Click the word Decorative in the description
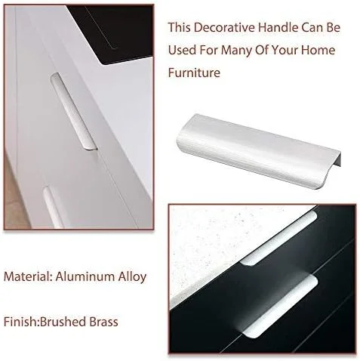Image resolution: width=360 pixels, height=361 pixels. pyautogui.click(x=224, y=27)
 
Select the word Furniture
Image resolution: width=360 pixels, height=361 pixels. pyautogui.click(x=194, y=73)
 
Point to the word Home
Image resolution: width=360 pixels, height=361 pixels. pyautogui.click(x=318, y=50)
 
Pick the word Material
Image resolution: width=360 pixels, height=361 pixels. pyautogui.click(x=28, y=276)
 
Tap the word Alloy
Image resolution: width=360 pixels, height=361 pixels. pyautogui.click(x=132, y=277)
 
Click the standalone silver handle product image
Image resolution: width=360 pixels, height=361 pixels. pyautogui.click(x=259, y=151)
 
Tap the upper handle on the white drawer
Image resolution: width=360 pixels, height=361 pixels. pyautogui.click(x=74, y=112)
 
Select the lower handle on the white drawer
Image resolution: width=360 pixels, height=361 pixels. pyautogui.click(x=54, y=208)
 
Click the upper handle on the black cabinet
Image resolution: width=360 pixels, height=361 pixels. pyautogui.click(x=278, y=238)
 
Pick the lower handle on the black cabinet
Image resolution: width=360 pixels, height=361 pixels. pyautogui.click(x=280, y=306)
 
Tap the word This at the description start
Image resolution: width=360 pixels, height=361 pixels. pyautogui.click(x=179, y=27)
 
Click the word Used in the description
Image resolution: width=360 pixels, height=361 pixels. pyautogui.click(x=182, y=50)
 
